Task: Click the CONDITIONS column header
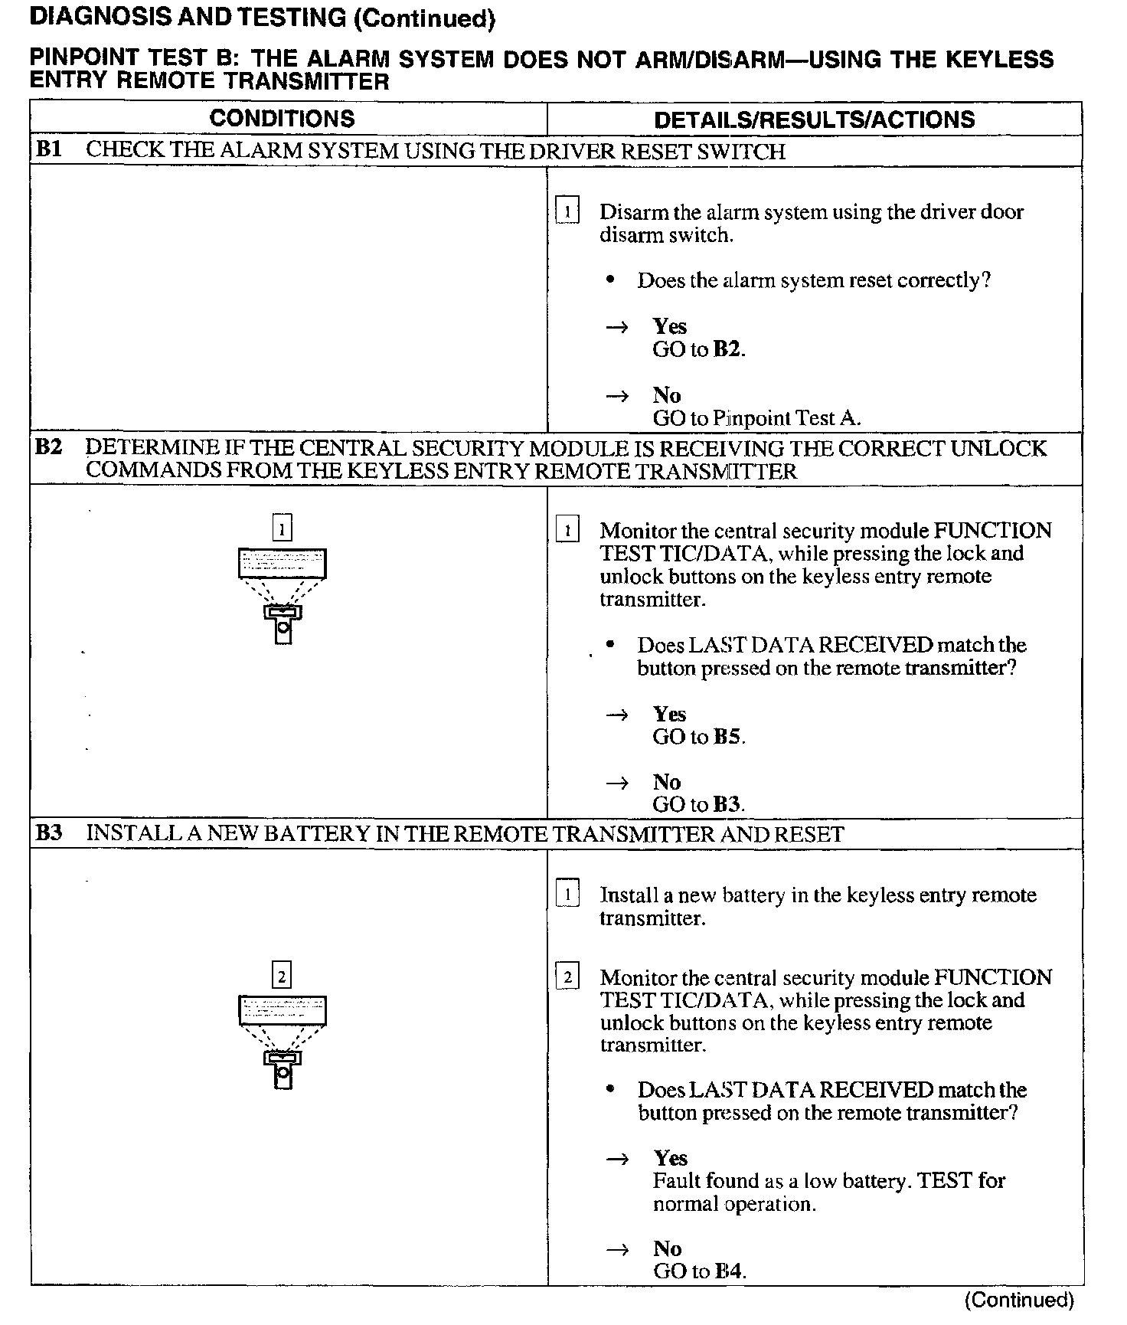282,119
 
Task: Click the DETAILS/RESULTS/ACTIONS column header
814,119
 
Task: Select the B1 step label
48,149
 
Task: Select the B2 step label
48,447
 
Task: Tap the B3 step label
48,833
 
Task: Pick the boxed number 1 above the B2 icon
283,528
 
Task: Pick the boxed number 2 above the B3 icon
283,976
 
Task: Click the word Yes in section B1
670,326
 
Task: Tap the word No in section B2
667,782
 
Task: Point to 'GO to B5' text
698,737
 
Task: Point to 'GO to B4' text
698,1271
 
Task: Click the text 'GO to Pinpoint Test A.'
756,418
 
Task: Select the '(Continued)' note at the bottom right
1019,1300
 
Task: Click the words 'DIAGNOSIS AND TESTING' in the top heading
188,18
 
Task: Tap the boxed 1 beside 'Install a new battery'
567,895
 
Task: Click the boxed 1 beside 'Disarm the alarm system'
567,211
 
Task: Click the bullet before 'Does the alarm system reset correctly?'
610,280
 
